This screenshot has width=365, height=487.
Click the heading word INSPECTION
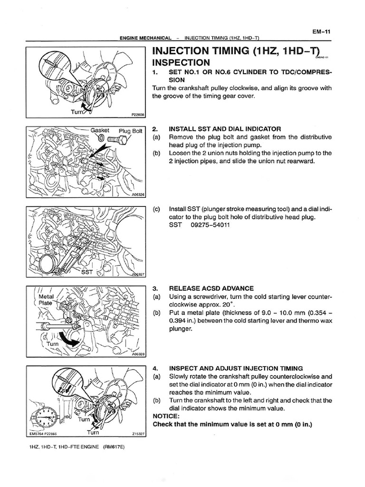(x=181, y=63)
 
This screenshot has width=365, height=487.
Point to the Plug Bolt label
(x=131, y=131)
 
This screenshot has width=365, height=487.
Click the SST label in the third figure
(x=86, y=272)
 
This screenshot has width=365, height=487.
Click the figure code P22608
(x=137, y=115)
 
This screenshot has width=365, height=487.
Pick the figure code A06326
(x=137, y=195)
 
